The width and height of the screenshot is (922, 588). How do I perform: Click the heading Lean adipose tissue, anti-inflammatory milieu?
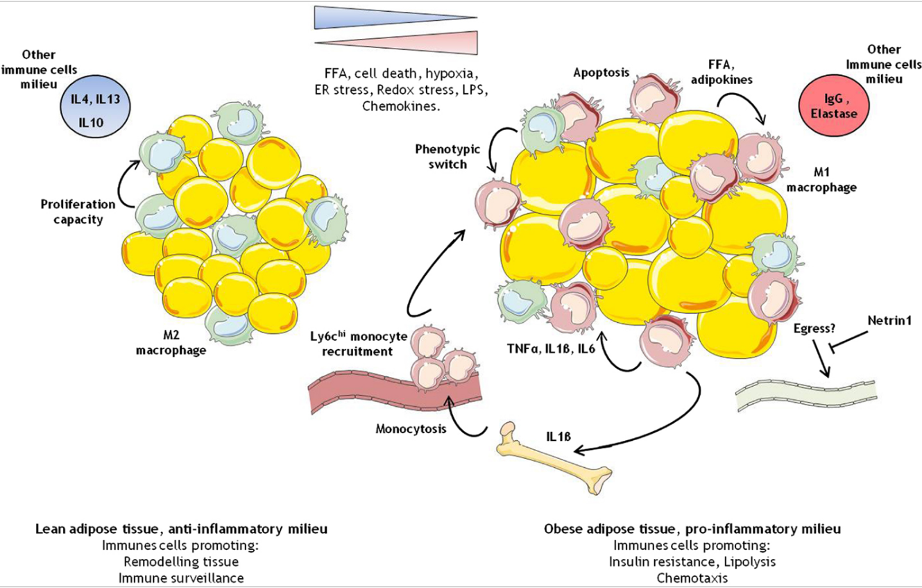click(181, 529)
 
